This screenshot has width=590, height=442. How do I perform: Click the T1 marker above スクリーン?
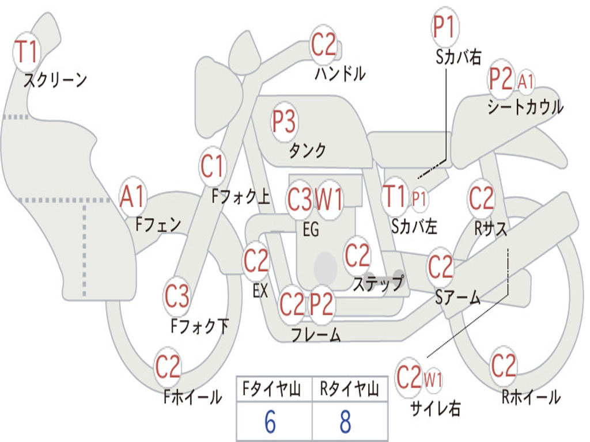27,52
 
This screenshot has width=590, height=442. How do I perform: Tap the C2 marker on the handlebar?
323,45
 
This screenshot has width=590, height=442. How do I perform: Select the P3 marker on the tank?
285,122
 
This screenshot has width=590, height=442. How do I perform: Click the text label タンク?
308,150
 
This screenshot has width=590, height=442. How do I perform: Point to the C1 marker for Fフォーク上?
213,166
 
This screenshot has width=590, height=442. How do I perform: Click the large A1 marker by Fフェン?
133,196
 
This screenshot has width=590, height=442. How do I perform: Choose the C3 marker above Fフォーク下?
176,296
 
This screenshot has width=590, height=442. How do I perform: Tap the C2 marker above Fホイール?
168,367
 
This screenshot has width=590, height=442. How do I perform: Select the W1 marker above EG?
329,199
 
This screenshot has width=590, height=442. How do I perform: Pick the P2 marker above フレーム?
322,304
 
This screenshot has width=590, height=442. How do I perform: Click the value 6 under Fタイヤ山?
270,421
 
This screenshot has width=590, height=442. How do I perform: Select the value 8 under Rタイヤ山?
346,421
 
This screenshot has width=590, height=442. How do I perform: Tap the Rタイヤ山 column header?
350,388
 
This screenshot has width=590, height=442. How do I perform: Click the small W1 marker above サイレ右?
433,379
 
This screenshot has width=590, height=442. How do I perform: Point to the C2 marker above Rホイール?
504,365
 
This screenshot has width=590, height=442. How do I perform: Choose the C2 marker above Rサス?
481,198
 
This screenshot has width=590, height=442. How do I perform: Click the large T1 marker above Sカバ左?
395,196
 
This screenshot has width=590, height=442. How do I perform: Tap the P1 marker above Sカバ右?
445,27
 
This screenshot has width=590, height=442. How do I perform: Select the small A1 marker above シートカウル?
525,81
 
